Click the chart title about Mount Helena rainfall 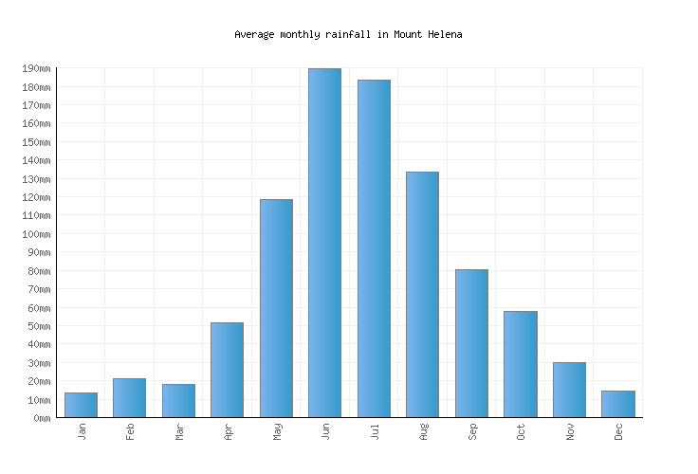(348, 34)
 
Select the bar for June (324, 243)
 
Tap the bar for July (374, 248)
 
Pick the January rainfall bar (81, 405)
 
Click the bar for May (276, 308)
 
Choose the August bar (422, 294)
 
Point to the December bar (617, 404)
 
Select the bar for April (227, 370)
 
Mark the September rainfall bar (471, 343)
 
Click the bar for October (520, 364)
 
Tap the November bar (569, 390)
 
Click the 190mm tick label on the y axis (35, 69)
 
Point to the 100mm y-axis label (35, 234)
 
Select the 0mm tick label (41, 418)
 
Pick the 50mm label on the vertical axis (38, 326)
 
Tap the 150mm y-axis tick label (35, 142)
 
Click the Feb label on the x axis (130, 431)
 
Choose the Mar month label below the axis (178, 431)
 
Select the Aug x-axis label (423, 431)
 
